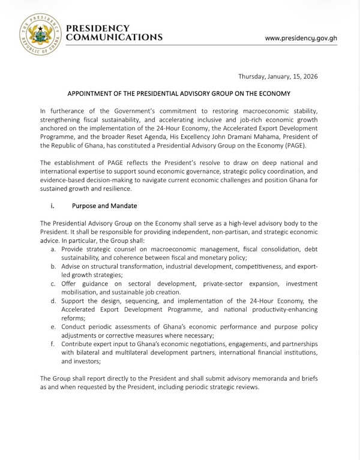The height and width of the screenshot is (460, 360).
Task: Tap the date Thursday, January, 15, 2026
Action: click(278, 76)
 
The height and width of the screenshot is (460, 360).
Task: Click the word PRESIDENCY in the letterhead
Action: click(98, 28)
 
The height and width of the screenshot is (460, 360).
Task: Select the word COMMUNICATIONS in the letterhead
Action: click(115, 37)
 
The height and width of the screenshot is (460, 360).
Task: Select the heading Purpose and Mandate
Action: click(104, 206)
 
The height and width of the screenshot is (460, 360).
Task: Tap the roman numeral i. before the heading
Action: click(53, 206)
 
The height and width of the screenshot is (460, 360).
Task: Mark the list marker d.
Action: click(55, 312)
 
